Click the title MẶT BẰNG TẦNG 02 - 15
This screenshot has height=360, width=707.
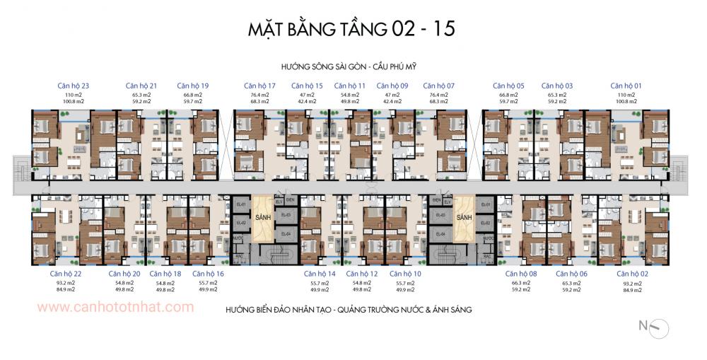click(351, 29)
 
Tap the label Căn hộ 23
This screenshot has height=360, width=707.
click(73, 86)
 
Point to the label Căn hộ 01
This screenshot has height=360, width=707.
click(626, 86)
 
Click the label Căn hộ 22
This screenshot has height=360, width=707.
click(65, 274)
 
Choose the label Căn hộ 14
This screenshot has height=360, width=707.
click(320, 274)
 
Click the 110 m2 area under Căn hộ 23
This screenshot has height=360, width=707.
click(74, 94)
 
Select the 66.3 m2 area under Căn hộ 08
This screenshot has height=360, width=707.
click(521, 282)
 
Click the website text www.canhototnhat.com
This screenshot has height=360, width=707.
click(115, 307)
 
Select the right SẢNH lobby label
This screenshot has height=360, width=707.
click(464, 218)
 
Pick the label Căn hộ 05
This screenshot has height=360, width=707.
click(508, 86)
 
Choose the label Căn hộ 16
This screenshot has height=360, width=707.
click(208, 274)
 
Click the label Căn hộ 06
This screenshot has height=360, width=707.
click(571, 274)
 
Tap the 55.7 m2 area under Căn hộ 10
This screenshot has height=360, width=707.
click(405, 282)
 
